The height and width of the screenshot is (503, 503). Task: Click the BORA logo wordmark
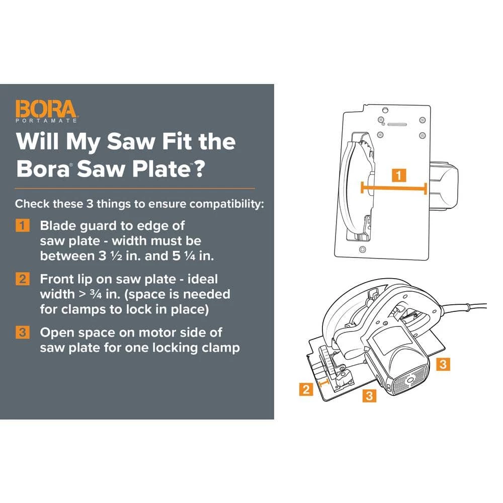46,109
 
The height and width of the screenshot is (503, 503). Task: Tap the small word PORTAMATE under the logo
46,121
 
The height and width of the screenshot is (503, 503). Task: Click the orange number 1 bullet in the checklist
23,225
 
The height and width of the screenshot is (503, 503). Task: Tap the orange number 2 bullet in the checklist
23,279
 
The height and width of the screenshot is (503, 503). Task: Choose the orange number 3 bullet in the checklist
23,332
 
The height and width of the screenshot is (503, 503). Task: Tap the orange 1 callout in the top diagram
398,176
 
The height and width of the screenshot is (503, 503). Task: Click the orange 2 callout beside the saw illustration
306,389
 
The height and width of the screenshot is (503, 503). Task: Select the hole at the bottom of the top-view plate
362,249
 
